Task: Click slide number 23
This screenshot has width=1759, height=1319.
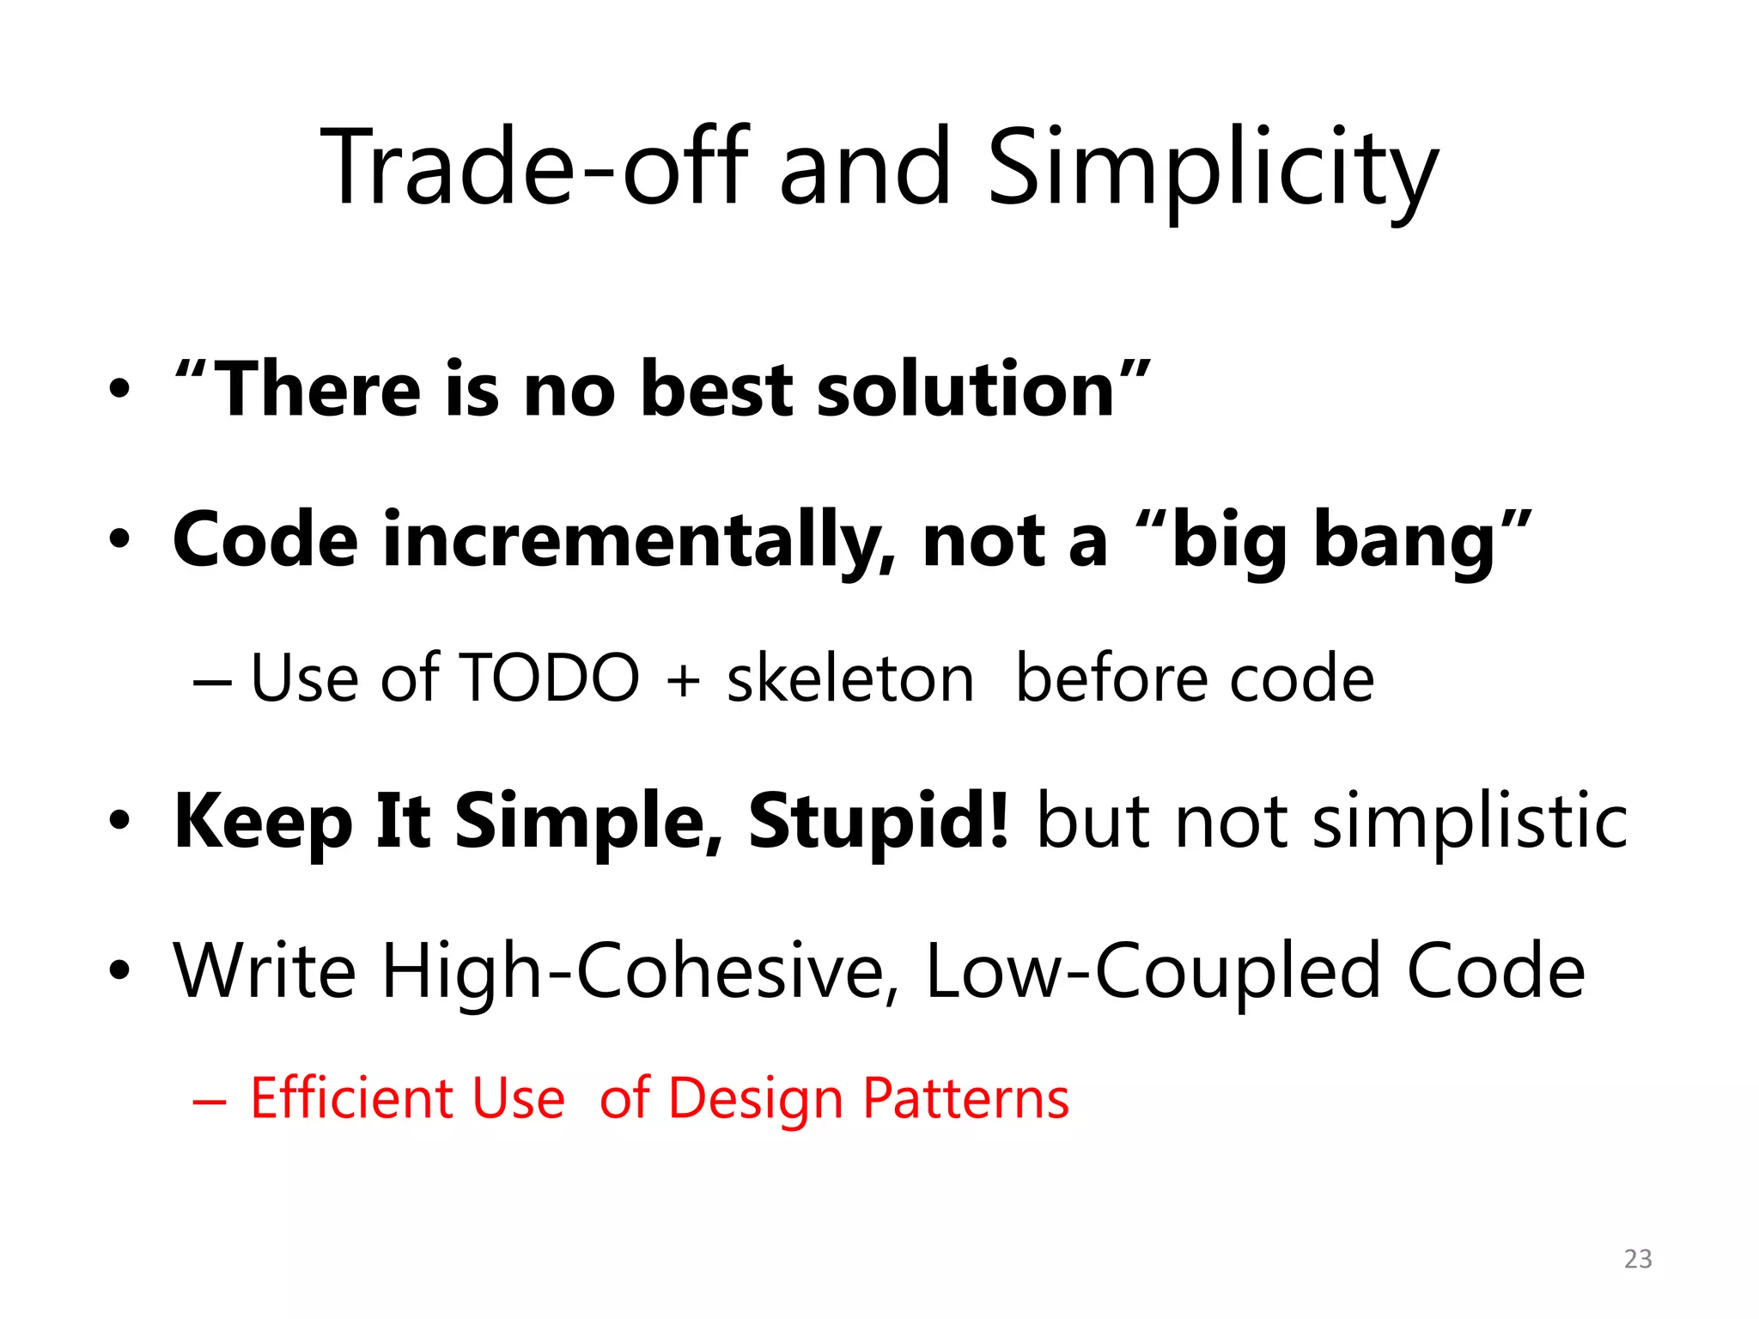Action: click(x=1638, y=1259)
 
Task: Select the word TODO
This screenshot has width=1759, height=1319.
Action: click(x=550, y=678)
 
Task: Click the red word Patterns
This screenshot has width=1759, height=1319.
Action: click(x=965, y=1099)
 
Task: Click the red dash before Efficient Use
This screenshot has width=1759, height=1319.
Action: click(x=210, y=1101)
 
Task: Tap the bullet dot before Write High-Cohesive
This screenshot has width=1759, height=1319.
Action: click(x=120, y=971)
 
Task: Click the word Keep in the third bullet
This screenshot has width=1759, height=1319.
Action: click(x=263, y=823)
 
